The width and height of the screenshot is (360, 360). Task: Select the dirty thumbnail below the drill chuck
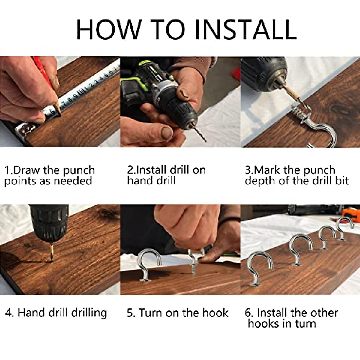tap(167, 133)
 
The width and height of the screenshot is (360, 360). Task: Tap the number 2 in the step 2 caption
tap(130, 170)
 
